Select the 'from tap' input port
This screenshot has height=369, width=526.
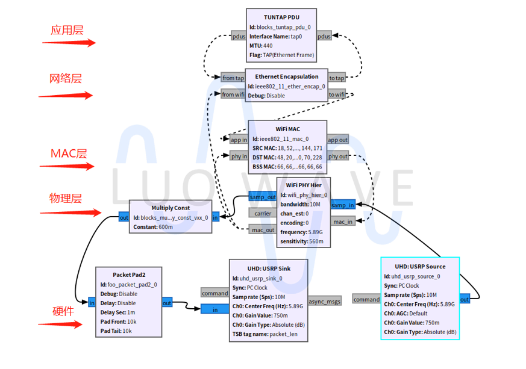coord(233,78)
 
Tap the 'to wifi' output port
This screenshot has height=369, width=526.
coord(337,95)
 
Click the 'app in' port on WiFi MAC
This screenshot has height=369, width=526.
coord(239,140)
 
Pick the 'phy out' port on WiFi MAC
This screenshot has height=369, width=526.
coord(337,157)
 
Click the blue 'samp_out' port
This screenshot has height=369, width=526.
coord(262,197)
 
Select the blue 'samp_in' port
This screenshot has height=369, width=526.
coord(343,205)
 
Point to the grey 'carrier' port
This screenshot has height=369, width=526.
coord(262,213)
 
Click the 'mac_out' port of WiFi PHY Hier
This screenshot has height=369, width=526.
coord(262,229)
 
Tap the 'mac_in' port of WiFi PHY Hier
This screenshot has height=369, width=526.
coord(343,222)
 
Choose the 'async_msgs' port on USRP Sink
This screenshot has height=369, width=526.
coord(324,301)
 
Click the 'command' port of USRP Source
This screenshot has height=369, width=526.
coord(366,299)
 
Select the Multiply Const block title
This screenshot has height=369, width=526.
coord(171,208)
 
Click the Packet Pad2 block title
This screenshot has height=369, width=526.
coord(129,274)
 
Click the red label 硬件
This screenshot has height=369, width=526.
coord(63,311)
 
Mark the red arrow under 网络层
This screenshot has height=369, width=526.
coord(66,95)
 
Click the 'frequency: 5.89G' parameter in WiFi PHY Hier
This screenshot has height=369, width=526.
coord(301,232)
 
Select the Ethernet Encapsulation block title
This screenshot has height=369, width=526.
coord(287,77)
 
